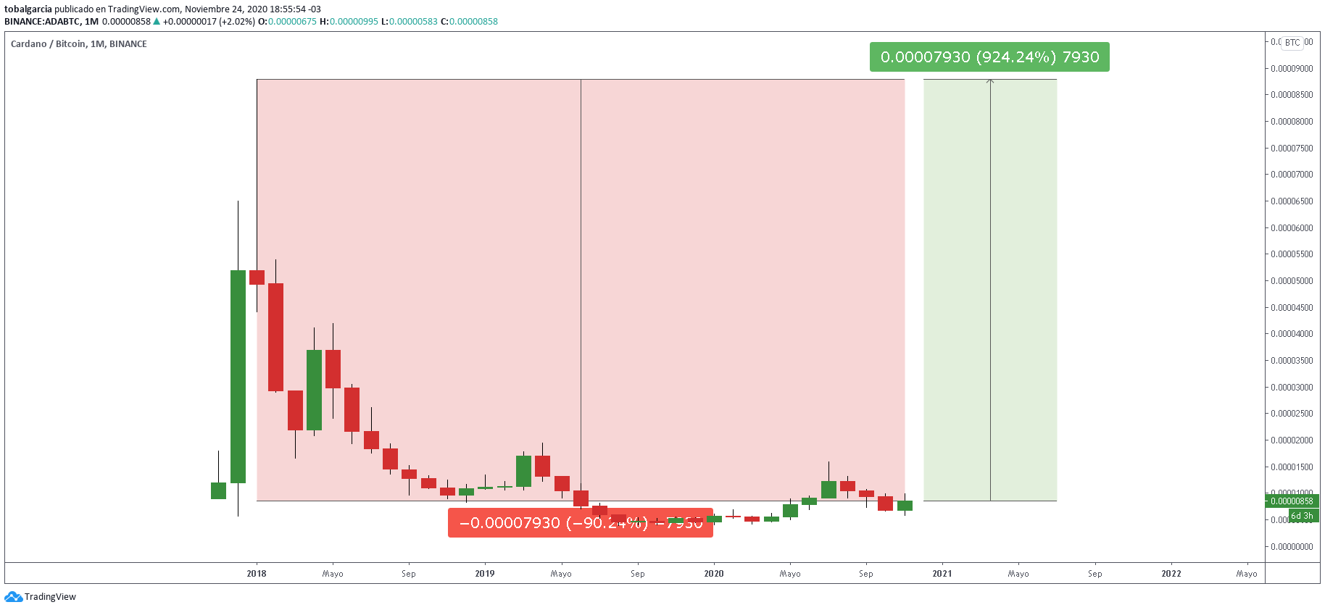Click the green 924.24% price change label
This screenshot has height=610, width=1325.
click(x=989, y=57)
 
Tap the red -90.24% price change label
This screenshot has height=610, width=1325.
click(x=580, y=523)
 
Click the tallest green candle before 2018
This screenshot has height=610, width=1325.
click(x=238, y=377)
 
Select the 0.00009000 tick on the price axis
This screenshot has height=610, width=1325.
click(x=1291, y=69)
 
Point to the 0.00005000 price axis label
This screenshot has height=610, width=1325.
click(x=1291, y=281)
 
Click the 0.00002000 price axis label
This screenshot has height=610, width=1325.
click(x=1291, y=440)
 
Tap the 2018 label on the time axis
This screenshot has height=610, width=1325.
click(x=257, y=574)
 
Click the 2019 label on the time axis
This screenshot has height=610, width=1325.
click(x=485, y=574)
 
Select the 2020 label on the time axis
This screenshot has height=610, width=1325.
click(x=714, y=574)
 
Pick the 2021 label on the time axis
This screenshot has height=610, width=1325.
click(x=942, y=574)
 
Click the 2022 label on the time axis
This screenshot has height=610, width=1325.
click(x=1171, y=574)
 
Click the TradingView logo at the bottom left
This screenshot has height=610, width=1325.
click(x=41, y=597)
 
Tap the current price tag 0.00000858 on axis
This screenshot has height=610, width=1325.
click(x=1292, y=501)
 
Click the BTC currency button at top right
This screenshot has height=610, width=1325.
click(x=1292, y=43)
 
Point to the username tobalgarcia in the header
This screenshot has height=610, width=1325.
click(x=28, y=9)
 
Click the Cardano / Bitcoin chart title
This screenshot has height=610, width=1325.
click(x=78, y=44)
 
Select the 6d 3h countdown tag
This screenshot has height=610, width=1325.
click(x=1302, y=516)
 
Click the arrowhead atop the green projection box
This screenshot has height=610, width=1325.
click(x=990, y=81)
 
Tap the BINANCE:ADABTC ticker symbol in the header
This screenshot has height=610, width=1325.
click(x=42, y=22)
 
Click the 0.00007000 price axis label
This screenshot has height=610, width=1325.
click(x=1291, y=175)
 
